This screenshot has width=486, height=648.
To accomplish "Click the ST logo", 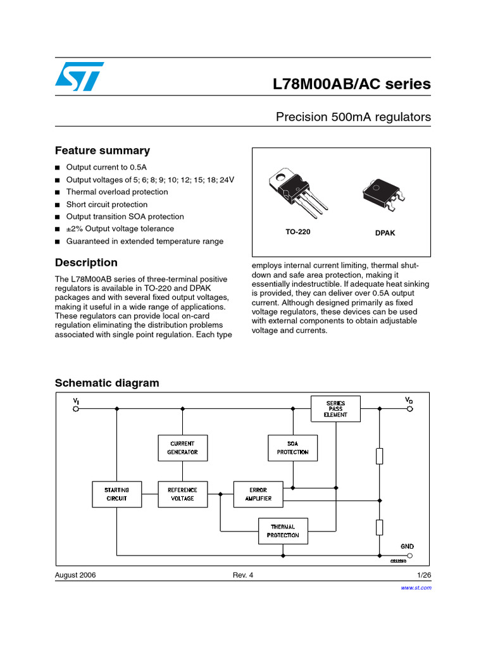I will pyautogui.click(x=78, y=77).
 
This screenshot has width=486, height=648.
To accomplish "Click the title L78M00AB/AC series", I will pyautogui.click(x=352, y=84).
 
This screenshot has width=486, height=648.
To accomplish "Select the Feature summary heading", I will pyautogui.click(x=103, y=151).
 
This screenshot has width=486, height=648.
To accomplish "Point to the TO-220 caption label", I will pyautogui.click(x=297, y=232).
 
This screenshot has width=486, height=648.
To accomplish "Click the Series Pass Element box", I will pyautogui.click(x=335, y=408).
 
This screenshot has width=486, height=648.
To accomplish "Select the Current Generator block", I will pyautogui.click(x=182, y=448).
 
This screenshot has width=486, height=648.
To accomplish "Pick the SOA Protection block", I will pyautogui.click(x=292, y=448).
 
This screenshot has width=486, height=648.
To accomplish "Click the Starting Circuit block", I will pyautogui.click(x=116, y=494).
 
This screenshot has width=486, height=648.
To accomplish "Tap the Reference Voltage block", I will pyautogui.click(x=182, y=494).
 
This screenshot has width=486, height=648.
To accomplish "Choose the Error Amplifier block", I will pyautogui.click(x=258, y=494).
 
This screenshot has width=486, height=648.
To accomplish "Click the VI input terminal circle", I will pyautogui.click(x=77, y=409).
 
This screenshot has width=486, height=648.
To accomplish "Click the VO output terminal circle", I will pyautogui.click(x=409, y=409).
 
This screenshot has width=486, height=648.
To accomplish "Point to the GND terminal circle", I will pyautogui.click(x=409, y=554).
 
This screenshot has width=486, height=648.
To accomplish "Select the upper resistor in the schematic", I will pyautogui.click(x=379, y=456).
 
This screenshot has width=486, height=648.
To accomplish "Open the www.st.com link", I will pyautogui.click(x=416, y=588).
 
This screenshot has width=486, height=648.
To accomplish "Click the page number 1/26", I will pyautogui.click(x=423, y=575).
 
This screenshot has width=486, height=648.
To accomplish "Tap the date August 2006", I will pyautogui.click(x=75, y=575).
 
